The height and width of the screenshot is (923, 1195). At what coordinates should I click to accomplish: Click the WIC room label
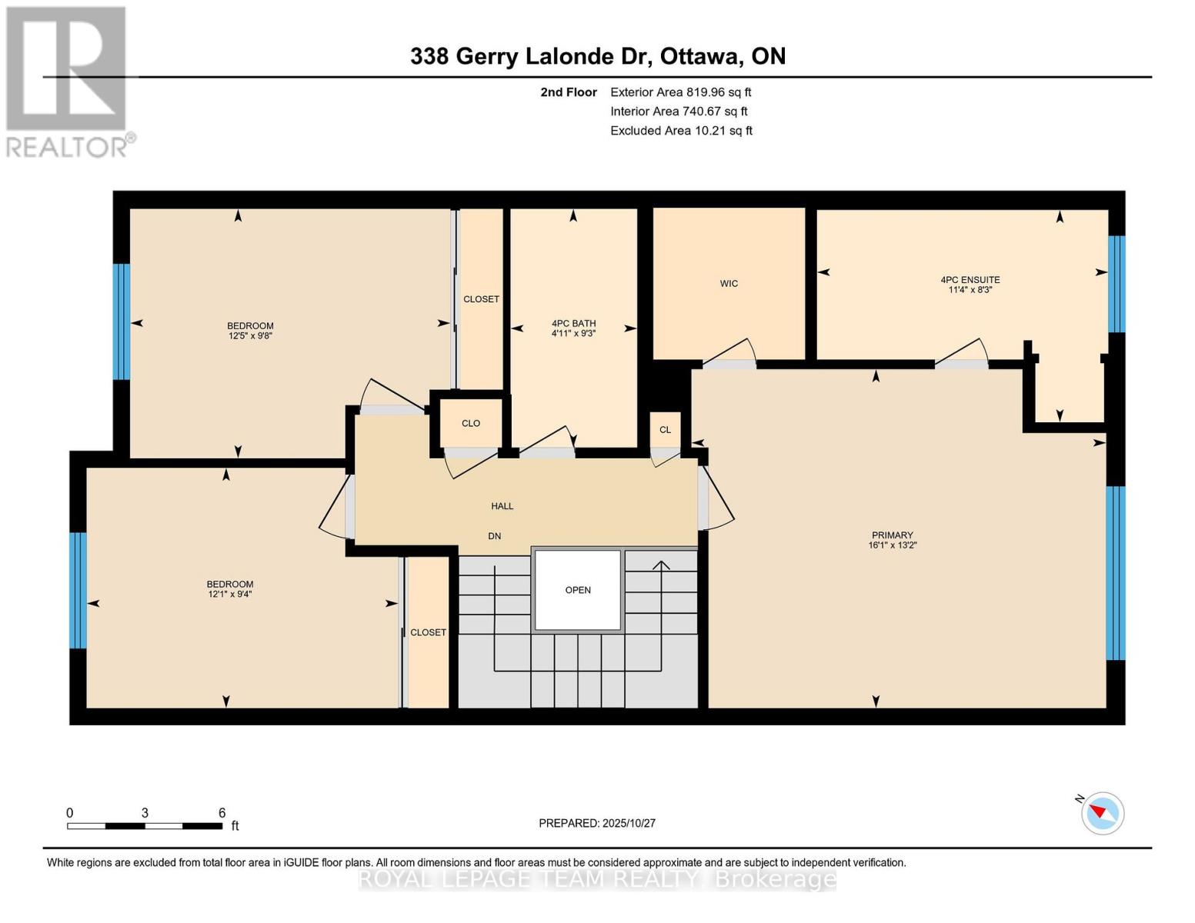[729, 284]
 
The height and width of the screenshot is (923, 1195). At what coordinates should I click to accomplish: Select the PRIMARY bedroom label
[892, 535]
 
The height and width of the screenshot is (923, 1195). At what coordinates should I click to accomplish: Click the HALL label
[502, 506]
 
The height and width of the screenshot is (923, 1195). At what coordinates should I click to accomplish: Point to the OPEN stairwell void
[578, 590]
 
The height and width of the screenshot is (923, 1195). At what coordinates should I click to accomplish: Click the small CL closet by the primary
[665, 430]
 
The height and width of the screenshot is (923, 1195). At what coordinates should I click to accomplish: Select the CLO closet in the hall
[471, 423]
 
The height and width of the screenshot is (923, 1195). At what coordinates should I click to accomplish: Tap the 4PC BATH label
[573, 324]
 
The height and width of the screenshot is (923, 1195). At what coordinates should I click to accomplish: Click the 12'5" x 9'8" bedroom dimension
[250, 336]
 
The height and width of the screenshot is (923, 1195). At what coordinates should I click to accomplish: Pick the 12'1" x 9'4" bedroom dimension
[229, 595]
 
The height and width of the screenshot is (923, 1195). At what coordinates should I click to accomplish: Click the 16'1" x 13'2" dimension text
[892, 545]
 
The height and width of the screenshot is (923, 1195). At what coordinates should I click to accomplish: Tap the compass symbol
[1102, 812]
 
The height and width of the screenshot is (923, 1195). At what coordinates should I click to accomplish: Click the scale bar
[145, 826]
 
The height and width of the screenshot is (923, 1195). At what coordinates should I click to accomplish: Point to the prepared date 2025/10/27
[597, 823]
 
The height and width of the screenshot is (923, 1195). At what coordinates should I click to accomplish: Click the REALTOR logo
[68, 82]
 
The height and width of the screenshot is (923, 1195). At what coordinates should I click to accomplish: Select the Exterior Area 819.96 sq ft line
[680, 92]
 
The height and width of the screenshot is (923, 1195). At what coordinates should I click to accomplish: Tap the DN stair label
[494, 536]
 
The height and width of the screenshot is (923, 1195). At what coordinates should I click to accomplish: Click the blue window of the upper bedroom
[121, 322]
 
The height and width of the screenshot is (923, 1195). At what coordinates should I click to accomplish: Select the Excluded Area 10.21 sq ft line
[681, 131]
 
